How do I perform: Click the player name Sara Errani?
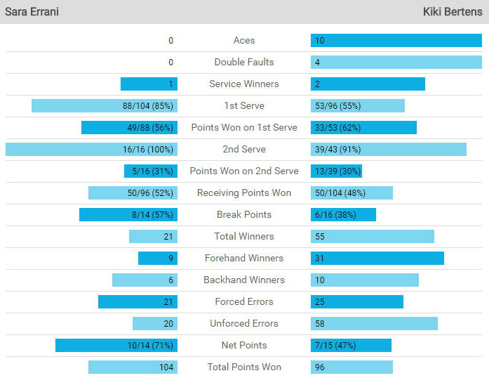point(32,12)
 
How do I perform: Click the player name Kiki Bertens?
point(453,12)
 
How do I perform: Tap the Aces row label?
point(244,41)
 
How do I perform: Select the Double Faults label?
point(244,63)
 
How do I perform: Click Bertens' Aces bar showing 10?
point(396,41)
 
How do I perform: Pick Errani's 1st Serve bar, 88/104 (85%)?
point(104,106)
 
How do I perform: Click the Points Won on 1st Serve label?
point(244,128)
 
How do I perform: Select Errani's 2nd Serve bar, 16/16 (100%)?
point(91,150)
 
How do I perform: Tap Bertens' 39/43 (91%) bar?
point(388,150)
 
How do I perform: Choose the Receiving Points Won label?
point(244,193)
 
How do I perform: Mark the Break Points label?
point(244,215)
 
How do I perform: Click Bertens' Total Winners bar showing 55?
point(372,237)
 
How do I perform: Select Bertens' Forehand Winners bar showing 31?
point(377,259)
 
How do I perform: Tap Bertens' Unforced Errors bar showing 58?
point(374,324)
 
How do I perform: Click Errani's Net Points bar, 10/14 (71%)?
point(116,346)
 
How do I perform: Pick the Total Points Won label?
point(244,367)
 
